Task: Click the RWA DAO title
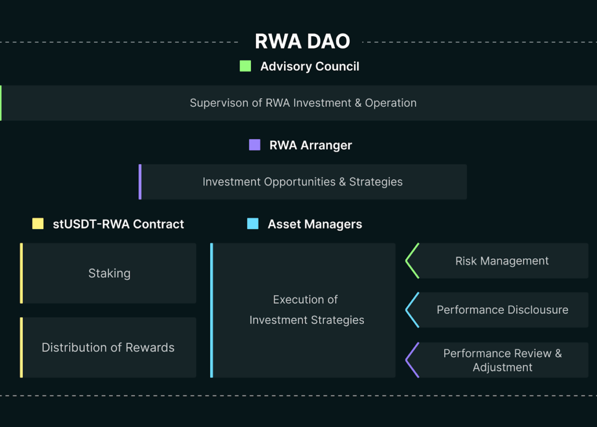coord(302,41)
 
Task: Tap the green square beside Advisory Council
coord(245,66)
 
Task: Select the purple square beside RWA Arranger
coord(255,145)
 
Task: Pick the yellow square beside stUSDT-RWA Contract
coord(38,224)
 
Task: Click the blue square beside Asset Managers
coord(253,224)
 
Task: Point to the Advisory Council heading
coord(309,67)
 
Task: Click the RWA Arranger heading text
coord(311,145)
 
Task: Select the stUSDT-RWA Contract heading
coord(118,224)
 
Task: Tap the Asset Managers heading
coord(315,224)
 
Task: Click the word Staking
coord(109,273)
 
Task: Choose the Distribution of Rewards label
coord(108,347)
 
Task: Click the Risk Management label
coord(502,261)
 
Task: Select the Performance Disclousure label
coord(502,310)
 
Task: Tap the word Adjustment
coord(503,368)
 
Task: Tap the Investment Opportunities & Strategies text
coord(303,182)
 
